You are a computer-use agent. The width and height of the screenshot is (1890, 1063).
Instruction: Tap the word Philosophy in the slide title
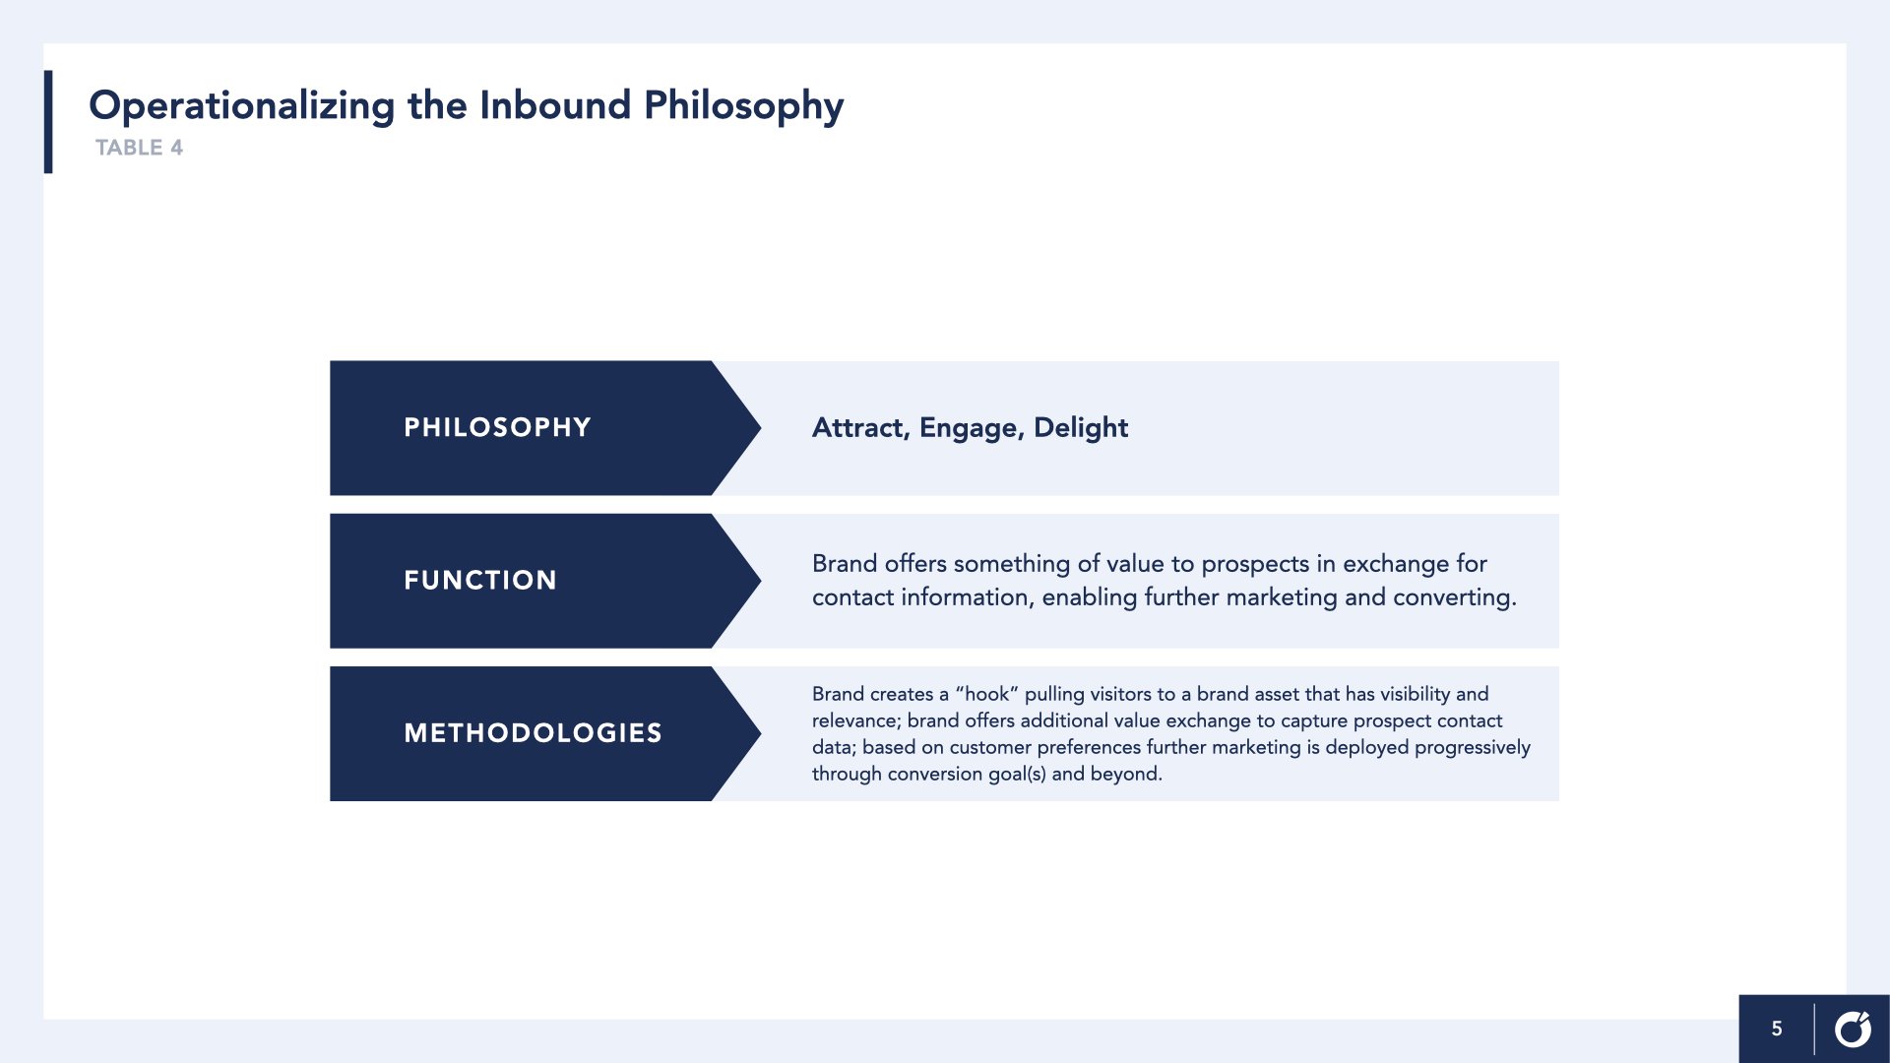click(743, 106)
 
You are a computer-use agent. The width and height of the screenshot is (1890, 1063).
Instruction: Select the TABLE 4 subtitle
click(139, 148)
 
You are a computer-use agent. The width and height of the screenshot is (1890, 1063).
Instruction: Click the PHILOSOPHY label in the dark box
click(497, 427)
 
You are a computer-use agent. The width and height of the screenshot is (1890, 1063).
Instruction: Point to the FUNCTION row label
click(480, 580)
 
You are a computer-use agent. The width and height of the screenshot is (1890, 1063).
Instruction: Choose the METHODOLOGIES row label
click(533, 733)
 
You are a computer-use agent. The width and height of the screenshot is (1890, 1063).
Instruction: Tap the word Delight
click(1081, 428)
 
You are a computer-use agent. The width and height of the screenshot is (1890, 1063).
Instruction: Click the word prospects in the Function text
click(1255, 564)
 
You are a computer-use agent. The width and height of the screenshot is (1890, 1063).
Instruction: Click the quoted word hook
click(986, 694)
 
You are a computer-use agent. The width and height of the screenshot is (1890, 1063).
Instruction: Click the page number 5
click(1777, 1029)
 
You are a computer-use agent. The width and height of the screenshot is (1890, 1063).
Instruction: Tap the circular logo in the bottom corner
click(1853, 1029)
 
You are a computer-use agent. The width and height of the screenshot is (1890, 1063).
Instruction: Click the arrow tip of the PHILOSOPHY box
click(761, 427)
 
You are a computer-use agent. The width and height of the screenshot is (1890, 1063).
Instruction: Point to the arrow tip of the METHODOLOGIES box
click(761, 733)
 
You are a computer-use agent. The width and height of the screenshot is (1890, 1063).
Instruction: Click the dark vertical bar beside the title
click(48, 122)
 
